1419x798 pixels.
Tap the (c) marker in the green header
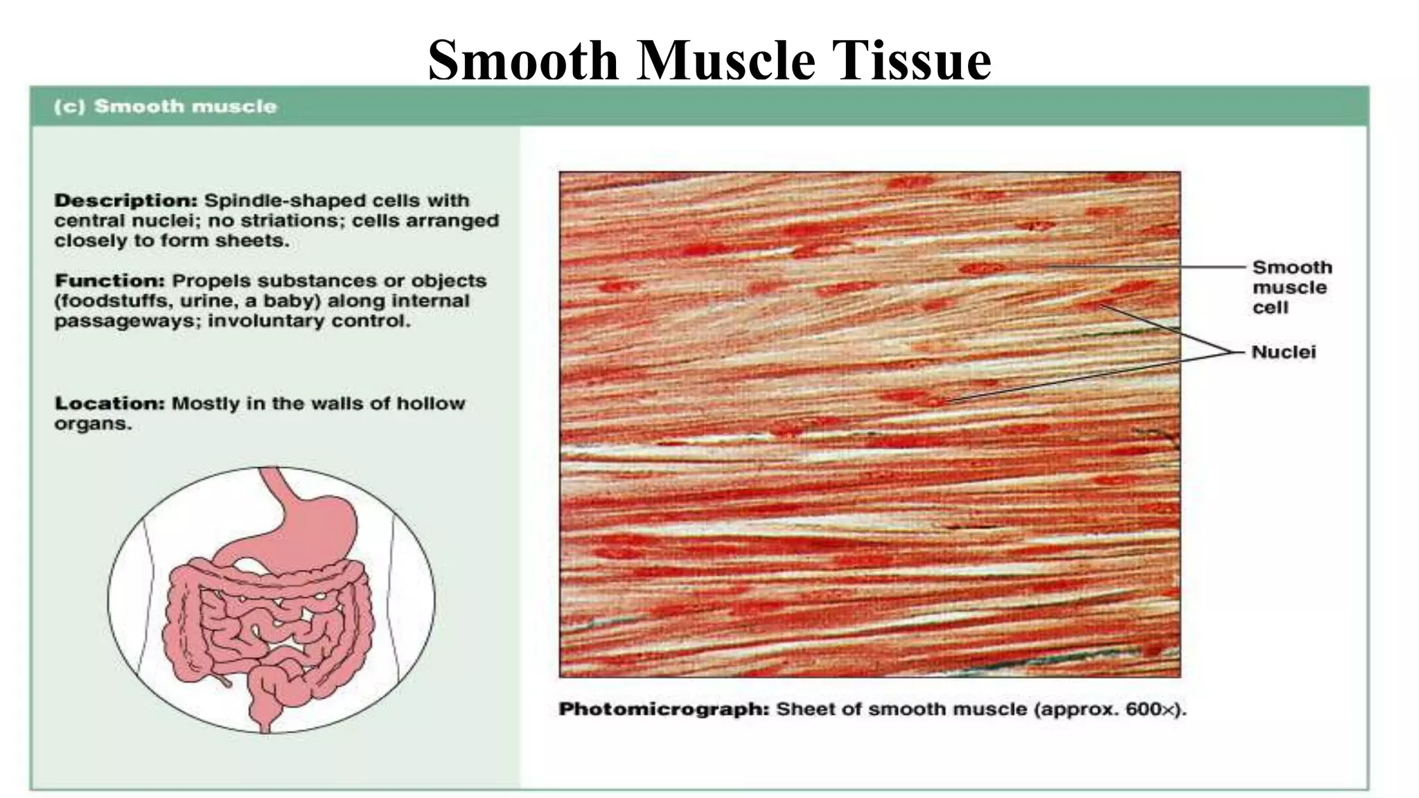pyautogui.click(x=69, y=107)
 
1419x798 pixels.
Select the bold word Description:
pyautogui.click(x=126, y=201)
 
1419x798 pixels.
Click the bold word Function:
pyautogui.click(x=109, y=281)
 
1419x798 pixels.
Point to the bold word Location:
pyautogui.click(x=109, y=404)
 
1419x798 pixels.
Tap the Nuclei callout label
pyautogui.click(x=1283, y=353)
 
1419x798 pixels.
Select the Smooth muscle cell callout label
pyautogui.click(x=1292, y=287)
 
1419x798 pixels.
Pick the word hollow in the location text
pyautogui.click(x=430, y=404)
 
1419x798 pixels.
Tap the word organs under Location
pyautogui.click(x=92, y=424)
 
